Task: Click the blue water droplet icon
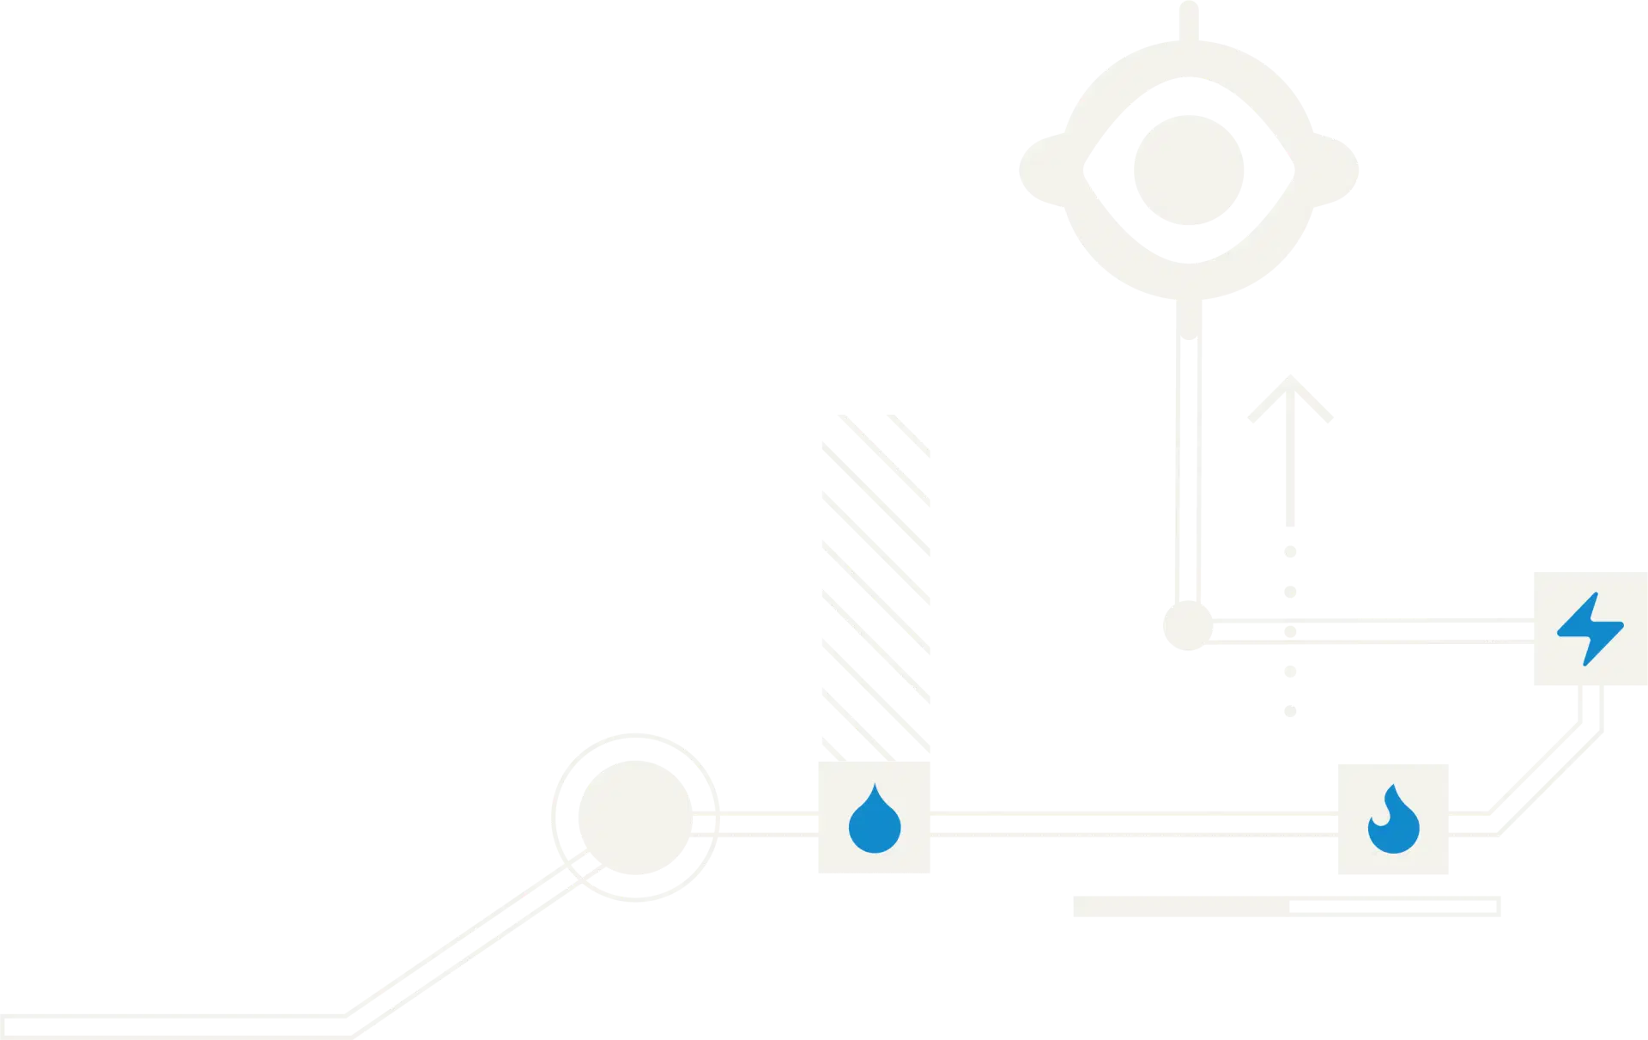[x=875, y=820]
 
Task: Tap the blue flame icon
[x=1392, y=821]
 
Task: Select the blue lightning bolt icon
[x=1590, y=629]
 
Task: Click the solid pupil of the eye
[x=1189, y=168]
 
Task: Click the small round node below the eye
[x=1188, y=626]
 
